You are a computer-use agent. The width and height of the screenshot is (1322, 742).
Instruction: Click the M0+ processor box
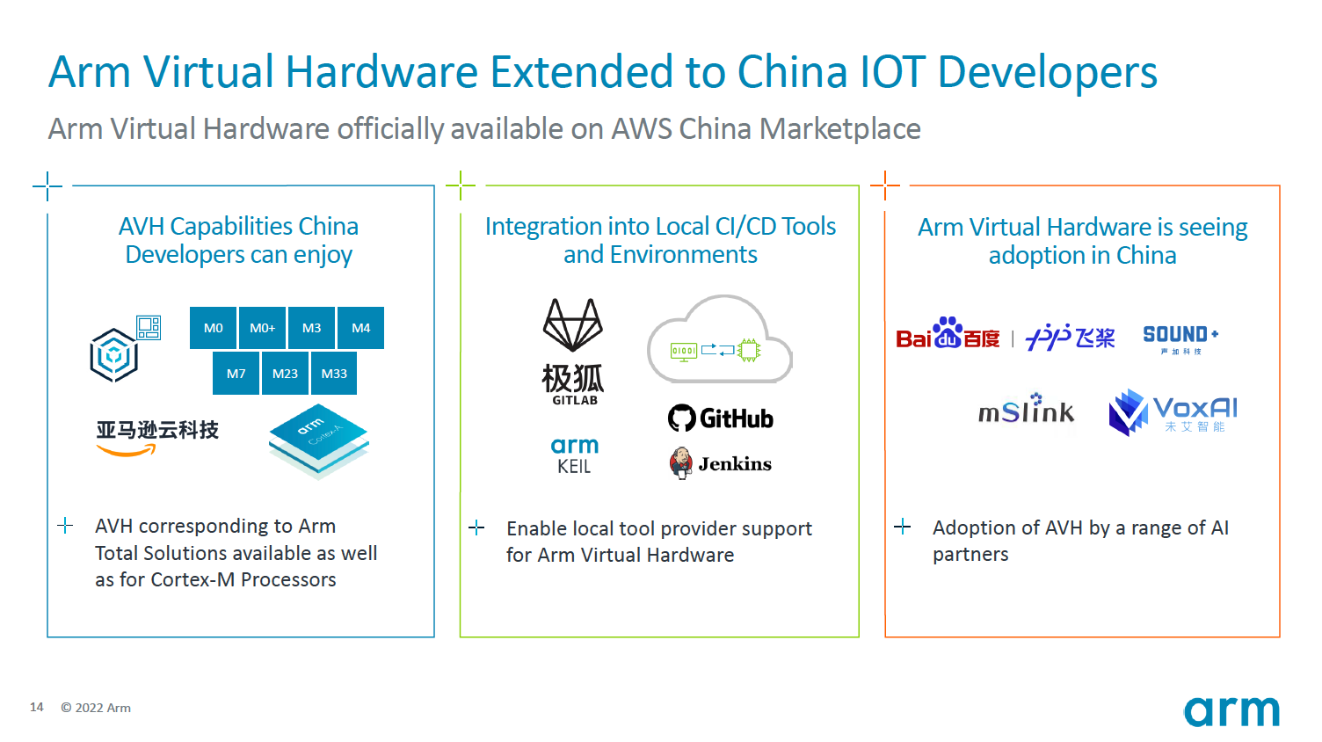[x=262, y=328]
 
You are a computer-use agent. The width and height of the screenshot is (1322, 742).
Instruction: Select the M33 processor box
[x=334, y=374]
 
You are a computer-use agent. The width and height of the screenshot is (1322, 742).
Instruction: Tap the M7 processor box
[x=236, y=374]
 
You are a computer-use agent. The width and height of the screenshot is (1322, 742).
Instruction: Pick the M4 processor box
[x=360, y=328]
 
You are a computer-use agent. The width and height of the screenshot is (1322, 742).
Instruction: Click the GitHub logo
[x=721, y=418]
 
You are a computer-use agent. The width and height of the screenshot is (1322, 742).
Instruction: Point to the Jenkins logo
[x=721, y=463]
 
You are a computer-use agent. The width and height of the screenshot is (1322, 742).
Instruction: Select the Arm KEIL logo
[x=575, y=455]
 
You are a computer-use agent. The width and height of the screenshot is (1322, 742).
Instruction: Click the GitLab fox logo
[x=573, y=351]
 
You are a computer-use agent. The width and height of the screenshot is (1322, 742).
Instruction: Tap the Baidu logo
[x=948, y=335]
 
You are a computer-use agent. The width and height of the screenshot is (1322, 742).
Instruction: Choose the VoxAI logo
[x=1173, y=412]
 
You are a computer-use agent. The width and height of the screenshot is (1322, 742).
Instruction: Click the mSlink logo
[x=1026, y=410]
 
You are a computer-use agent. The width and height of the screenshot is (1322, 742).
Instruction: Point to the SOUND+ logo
[x=1180, y=338]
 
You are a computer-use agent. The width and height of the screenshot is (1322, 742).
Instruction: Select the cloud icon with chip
[x=720, y=340]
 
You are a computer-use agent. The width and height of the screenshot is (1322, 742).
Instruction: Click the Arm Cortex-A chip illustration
[x=318, y=440]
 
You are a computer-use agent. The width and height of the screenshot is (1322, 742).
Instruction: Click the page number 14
[x=37, y=707]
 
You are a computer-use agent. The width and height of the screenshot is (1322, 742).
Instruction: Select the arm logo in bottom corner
[x=1231, y=710]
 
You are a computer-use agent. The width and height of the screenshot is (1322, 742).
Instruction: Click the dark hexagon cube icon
[x=114, y=355]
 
